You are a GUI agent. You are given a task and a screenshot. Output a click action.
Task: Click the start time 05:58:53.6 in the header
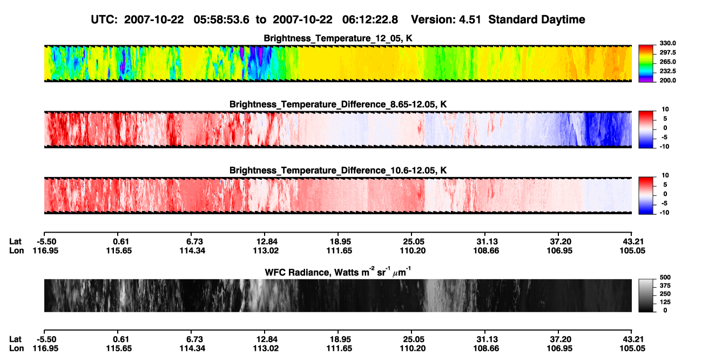tap(221, 20)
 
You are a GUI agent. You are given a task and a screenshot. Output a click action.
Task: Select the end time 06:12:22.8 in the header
tap(370, 20)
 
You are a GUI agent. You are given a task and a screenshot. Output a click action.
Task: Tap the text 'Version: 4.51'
tap(446, 20)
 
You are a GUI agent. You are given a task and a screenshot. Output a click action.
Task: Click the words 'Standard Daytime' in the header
tap(537, 20)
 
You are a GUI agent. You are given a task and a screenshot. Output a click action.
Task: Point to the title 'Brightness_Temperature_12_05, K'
tap(338, 38)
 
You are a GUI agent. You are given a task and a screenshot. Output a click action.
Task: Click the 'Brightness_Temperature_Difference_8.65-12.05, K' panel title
tap(338, 104)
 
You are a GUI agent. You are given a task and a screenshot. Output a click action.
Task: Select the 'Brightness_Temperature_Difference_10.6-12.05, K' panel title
tap(338, 171)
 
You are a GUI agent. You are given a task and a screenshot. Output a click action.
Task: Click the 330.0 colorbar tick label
tap(667, 43)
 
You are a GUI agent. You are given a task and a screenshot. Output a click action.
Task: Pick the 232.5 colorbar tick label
tap(667, 71)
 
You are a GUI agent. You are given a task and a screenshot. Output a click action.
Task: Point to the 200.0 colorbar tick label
tap(667, 80)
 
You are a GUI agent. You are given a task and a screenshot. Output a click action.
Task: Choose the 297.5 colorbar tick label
tap(667, 53)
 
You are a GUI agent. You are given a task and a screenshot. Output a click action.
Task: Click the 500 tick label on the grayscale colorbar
tap(665, 277)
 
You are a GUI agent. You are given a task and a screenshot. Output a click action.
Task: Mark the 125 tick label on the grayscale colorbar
tap(665, 302)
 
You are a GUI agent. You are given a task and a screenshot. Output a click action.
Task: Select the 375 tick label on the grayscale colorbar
tap(665, 286)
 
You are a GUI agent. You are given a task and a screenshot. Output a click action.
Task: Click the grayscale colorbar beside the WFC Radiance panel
tap(646, 295)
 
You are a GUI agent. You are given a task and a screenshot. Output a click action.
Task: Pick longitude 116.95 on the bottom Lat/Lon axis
tap(45, 349)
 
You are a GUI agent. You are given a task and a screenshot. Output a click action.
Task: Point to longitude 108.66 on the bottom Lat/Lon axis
tap(486, 349)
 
